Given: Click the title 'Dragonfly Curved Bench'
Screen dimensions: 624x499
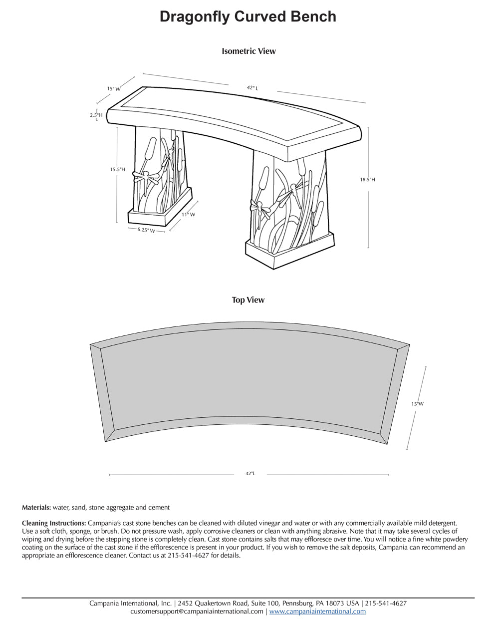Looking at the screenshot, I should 248,17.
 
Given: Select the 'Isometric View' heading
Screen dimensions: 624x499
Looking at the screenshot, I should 249,51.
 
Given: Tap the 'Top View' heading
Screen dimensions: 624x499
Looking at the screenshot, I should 248,300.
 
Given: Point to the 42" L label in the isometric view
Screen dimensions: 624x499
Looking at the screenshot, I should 252,88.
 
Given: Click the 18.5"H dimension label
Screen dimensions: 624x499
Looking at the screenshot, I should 368,179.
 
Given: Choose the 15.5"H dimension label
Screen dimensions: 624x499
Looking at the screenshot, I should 118,170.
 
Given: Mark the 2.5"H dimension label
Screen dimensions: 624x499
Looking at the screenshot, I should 96,115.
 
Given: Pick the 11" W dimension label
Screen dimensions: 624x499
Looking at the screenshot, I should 188,214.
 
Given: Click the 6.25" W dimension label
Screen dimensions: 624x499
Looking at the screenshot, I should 146,231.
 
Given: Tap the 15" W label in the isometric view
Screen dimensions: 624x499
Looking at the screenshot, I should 114,89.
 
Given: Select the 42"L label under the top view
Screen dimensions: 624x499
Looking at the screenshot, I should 250,473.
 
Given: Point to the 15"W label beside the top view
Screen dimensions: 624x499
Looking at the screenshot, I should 417,404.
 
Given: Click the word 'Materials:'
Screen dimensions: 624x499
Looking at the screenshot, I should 36,507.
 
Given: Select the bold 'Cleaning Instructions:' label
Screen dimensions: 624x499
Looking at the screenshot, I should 54,523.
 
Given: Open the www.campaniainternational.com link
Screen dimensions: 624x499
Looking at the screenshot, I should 317,611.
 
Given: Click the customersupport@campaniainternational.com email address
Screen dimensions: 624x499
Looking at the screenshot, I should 197,611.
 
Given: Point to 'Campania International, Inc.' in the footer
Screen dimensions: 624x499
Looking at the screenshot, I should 131,603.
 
